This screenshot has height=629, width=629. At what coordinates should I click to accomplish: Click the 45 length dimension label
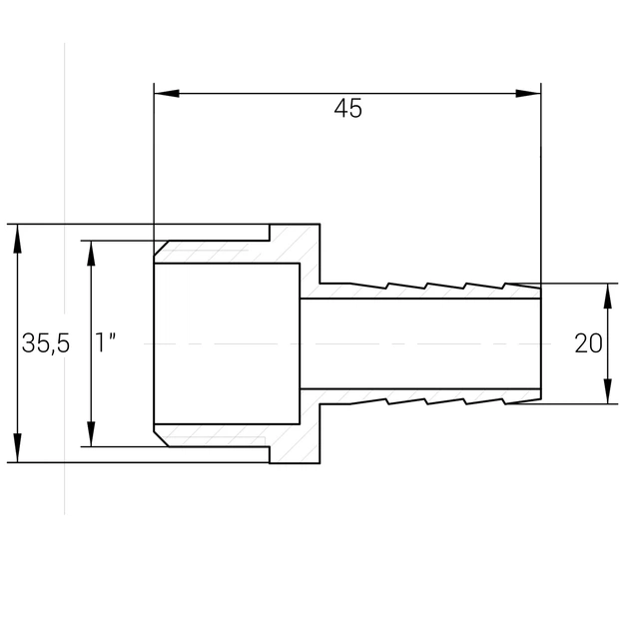(x=347, y=108)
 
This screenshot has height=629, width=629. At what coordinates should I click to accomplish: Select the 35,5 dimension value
(x=46, y=343)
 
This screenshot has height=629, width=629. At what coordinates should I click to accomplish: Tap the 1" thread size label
(x=105, y=342)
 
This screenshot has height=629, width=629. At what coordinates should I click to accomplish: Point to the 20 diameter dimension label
(x=588, y=343)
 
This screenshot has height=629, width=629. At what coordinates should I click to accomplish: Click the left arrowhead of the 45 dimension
(x=167, y=94)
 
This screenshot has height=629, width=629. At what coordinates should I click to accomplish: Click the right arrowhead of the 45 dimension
(x=528, y=94)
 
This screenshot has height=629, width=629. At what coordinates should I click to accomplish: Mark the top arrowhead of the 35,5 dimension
(x=17, y=239)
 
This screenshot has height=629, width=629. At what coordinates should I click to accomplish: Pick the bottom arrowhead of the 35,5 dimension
(x=17, y=448)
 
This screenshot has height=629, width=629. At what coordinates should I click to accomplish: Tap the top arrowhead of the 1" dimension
(x=91, y=254)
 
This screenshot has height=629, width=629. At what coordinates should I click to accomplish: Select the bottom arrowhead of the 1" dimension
(x=91, y=433)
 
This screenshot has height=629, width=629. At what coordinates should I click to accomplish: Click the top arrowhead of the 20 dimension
(x=608, y=297)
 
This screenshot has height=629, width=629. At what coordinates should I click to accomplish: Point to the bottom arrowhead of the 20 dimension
(x=608, y=391)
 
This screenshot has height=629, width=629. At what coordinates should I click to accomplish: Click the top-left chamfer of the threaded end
(x=162, y=248)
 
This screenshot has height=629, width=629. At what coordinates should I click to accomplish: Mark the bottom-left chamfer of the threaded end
(x=162, y=439)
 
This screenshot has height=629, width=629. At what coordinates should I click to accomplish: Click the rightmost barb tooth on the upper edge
(x=521, y=286)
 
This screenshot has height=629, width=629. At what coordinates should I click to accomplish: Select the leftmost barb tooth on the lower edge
(x=369, y=400)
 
